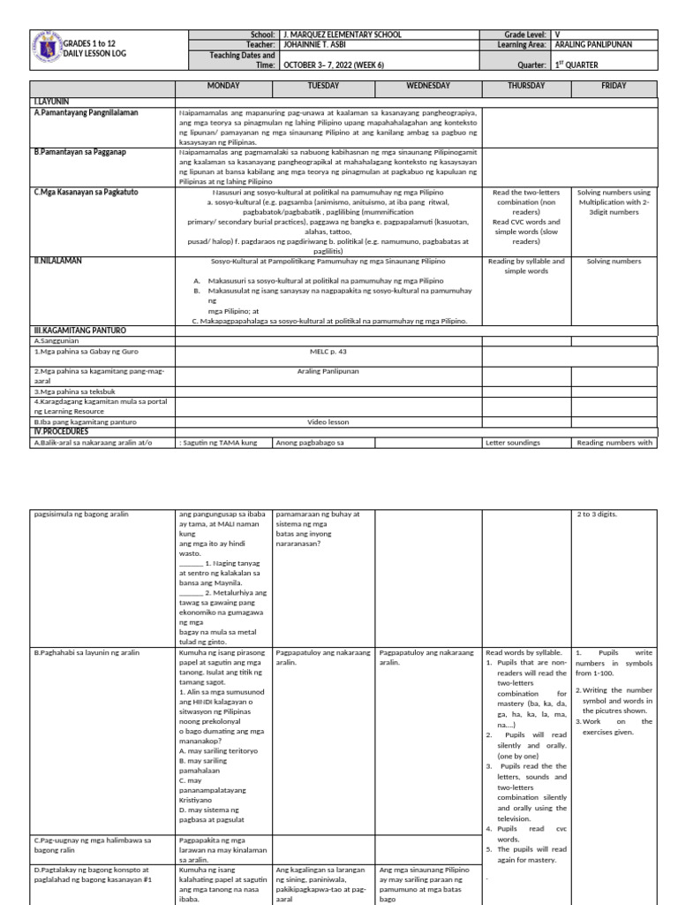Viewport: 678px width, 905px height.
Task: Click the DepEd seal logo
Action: point(45,50)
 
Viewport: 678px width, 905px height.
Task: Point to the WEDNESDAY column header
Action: point(428,86)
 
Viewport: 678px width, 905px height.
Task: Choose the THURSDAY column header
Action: point(526,86)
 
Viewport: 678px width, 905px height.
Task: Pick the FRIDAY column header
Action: point(614,86)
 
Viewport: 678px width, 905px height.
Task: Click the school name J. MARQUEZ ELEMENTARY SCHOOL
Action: point(342,34)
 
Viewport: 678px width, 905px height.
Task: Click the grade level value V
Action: point(557,34)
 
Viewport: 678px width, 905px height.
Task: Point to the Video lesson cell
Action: point(328,422)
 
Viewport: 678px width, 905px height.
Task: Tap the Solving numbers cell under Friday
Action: point(614,262)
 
